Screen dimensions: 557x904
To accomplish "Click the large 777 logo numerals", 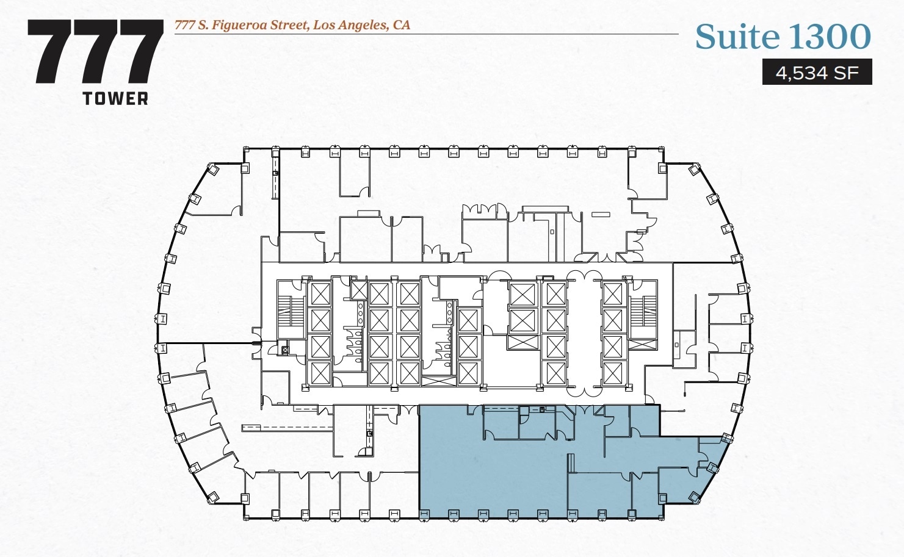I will (x=95, y=52).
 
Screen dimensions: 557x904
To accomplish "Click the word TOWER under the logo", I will (x=115, y=99).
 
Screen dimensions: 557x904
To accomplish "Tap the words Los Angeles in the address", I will (x=350, y=25).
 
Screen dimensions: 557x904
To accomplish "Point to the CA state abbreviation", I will (x=402, y=25).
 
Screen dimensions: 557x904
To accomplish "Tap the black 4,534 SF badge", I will (x=817, y=73).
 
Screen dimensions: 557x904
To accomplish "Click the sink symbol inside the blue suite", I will (x=541, y=409).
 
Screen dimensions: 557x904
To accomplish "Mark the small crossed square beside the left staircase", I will (x=284, y=351).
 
